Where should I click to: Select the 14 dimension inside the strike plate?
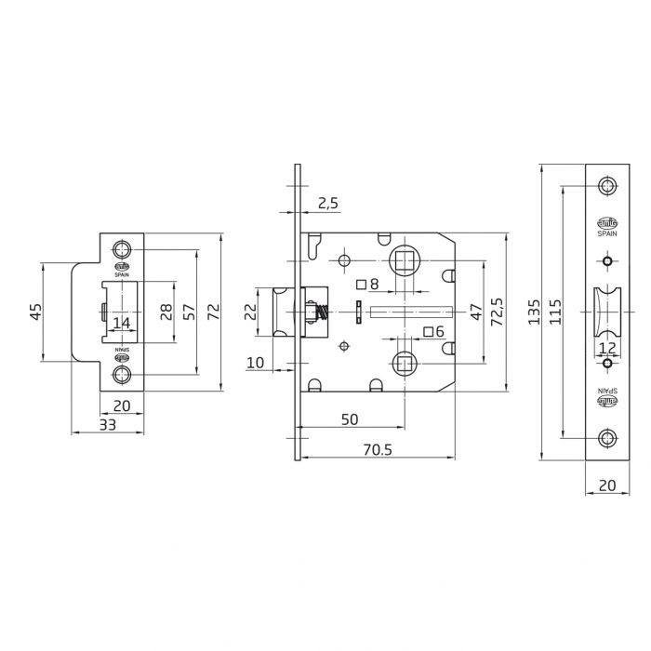121,323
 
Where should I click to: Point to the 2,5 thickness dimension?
326,204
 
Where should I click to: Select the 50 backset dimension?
349,419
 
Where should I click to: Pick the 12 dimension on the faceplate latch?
606,348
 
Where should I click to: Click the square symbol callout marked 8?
367,284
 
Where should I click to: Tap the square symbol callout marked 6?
433,331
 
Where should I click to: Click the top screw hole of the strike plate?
122,249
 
